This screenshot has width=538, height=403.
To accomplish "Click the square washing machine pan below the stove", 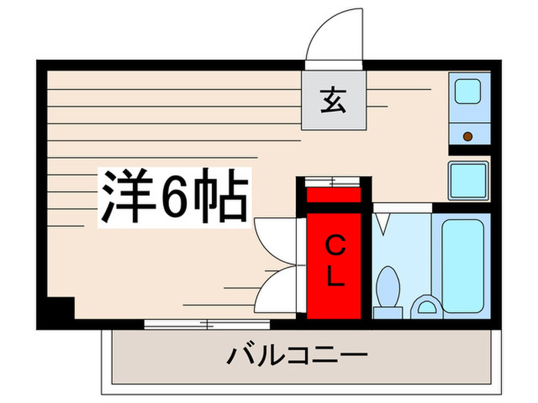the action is [468, 181].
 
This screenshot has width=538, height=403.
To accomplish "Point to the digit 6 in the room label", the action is [173, 199].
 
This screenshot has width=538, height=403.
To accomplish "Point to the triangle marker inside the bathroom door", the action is [383, 223].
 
